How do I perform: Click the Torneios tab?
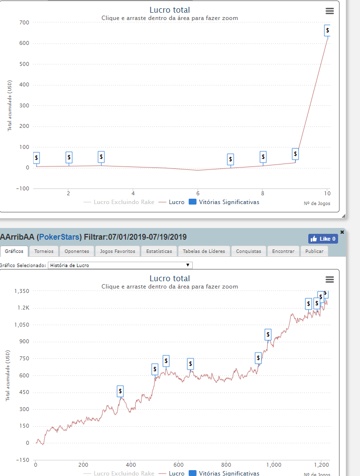pyautogui.click(x=44, y=251)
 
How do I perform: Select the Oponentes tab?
pyautogui.click(x=77, y=251)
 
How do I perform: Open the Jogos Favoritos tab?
pyautogui.click(x=118, y=251)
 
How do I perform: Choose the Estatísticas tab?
pyautogui.click(x=159, y=251)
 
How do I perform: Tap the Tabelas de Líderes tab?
pyautogui.click(x=204, y=251)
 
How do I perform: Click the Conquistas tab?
pyautogui.click(x=248, y=251)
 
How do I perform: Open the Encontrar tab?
pyautogui.click(x=283, y=251)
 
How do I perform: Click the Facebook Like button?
pyautogui.click(x=323, y=239)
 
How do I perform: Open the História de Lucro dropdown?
pyautogui.click(x=120, y=265)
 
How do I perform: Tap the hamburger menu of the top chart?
pyautogui.click(x=329, y=11)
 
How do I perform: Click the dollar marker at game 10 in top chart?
pyautogui.click(x=327, y=30)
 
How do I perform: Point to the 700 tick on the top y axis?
pyautogui.click(x=24, y=22)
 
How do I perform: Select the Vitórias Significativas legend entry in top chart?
pyautogui.click(x=224, y=202)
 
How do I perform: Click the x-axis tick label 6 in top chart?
pyautogui.click(x=198, y=193)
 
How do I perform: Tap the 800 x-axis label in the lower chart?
pyautogui.click(x=226, y=465)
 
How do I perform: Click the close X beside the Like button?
pyautogui.click(x=341, y=232)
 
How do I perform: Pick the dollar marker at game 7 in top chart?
pyautogui.click(x=230, y=159)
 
